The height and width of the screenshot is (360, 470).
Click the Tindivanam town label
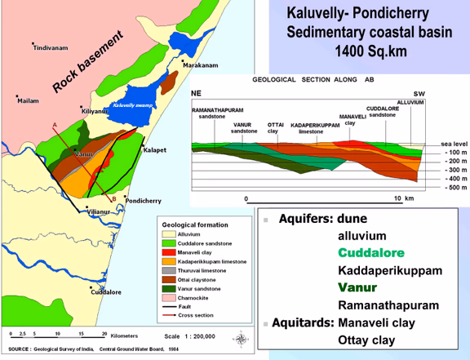53,48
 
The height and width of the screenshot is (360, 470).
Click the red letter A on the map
54,124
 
